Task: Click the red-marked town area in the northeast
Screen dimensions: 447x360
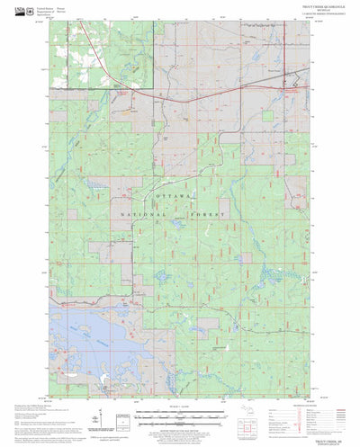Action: (289, 89)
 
